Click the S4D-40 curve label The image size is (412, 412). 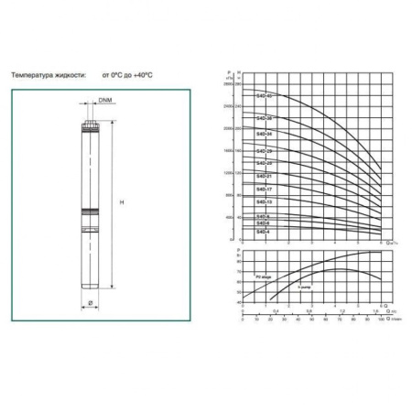(x=264, y=96)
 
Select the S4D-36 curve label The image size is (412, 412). (x=264, y=119)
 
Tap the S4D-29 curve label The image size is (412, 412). (x=264, y=151)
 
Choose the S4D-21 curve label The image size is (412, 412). (x=264, y=176)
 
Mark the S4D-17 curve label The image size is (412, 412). (x=264, y=190)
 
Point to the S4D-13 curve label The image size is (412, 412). (x=264, y=201)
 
